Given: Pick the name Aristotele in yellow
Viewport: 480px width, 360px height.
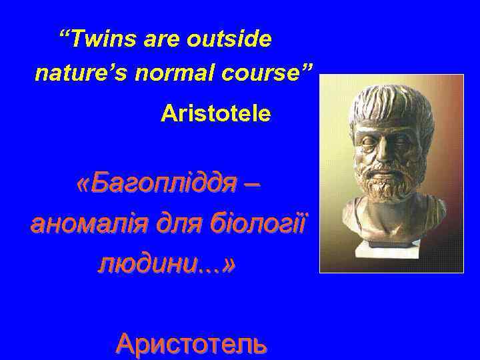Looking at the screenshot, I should pyautogui.click(x=215, y=114).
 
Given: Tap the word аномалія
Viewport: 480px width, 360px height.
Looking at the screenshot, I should pyautogui.click(x=81, y=222).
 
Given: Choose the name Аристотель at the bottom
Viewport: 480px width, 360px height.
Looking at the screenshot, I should pyautogui.click(x=191, y=343).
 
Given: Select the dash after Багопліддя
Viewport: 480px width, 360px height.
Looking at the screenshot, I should pyautogui.click(x=251, y=181).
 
